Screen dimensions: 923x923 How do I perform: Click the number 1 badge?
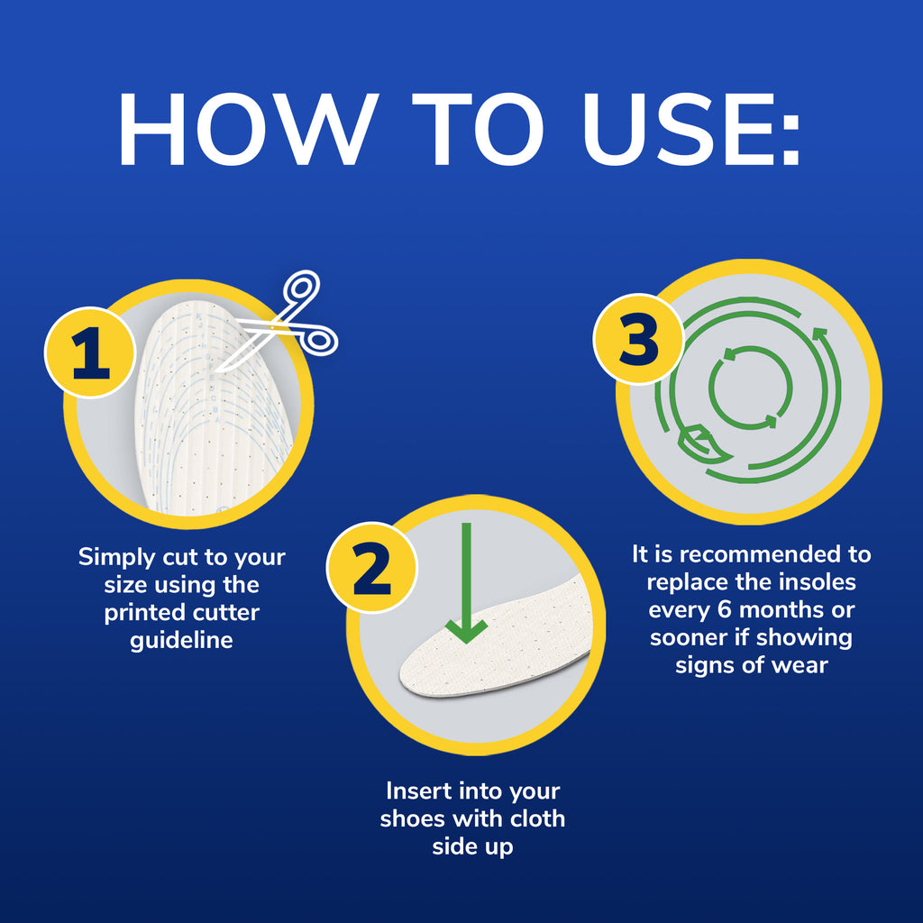[x=90, y=352]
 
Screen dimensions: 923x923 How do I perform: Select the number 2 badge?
[x=371, y=568]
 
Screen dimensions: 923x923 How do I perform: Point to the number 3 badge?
[x=638, y=339]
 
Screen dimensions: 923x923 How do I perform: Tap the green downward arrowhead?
[x=466, y=630]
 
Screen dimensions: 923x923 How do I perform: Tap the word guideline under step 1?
[x=181, y=640]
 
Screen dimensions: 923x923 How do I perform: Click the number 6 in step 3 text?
[x=724, y=610]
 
